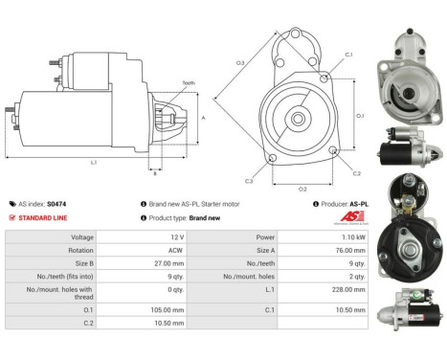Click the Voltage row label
point(82,236)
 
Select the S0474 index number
point(57,204)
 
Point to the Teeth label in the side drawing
point(188,83)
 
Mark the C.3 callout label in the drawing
point(249,180)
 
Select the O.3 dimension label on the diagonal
point(239,63)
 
